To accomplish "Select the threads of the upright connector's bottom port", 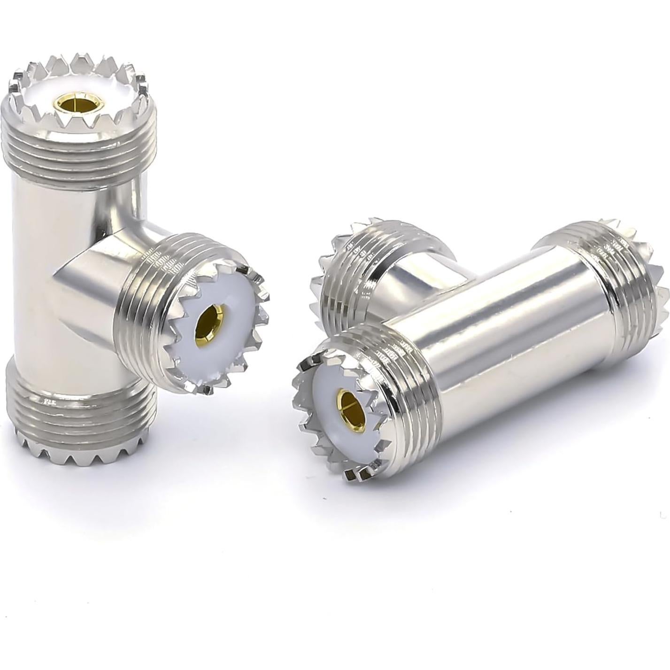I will pyautogui.click(x=77, y=413).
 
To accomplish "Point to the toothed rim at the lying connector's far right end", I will pyautogui.click(x=660, y=300).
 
